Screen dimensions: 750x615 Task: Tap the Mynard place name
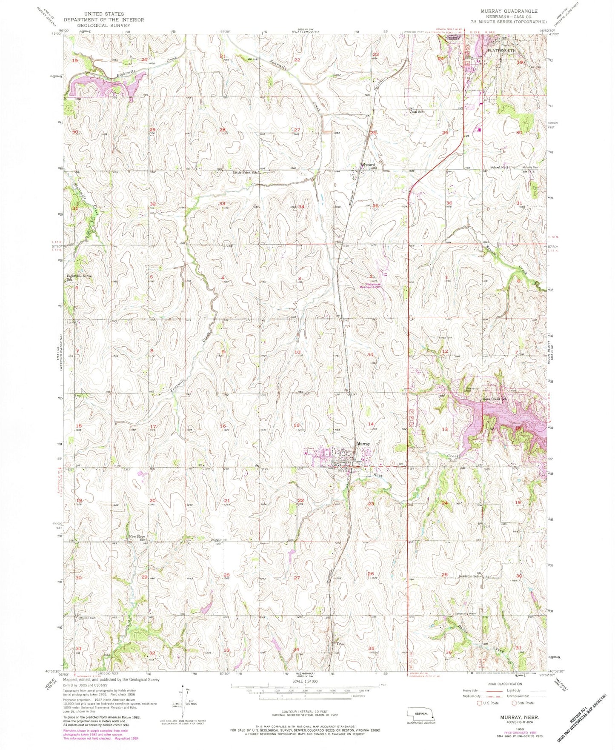[368, 165]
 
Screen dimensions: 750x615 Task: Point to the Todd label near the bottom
[340, 644]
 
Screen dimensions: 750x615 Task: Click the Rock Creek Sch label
[494, 399]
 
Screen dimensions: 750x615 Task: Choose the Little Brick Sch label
[246, 173]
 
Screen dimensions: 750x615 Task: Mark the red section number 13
[445, 429]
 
